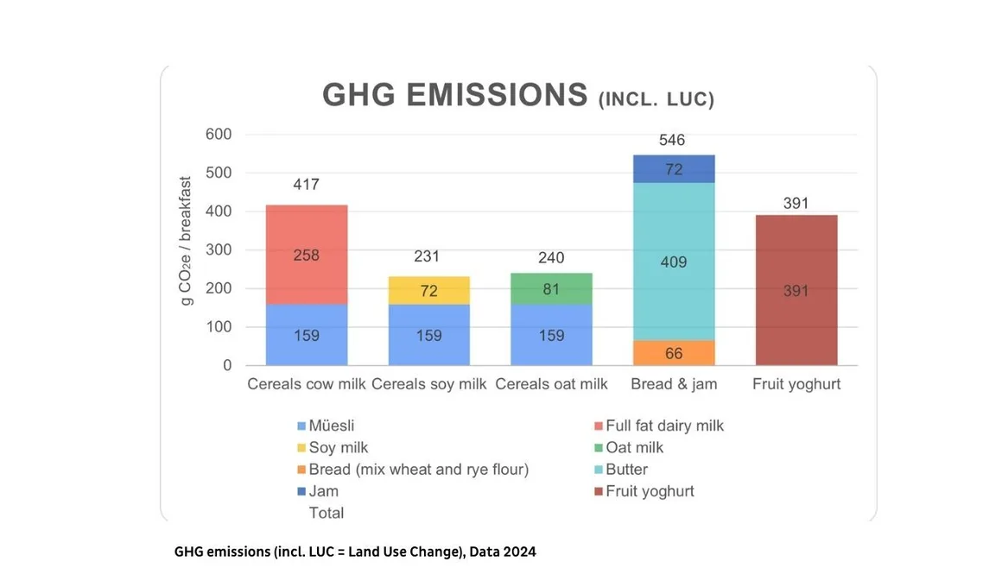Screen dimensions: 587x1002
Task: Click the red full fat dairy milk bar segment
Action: pyautogui.click(x=306, y=255)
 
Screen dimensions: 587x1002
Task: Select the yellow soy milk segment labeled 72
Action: pyautogui.click(x=428, y=290)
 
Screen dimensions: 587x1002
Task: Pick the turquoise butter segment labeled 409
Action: pyautogui.click(x=673, y=261)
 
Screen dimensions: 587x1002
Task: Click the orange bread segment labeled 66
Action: pyautogui.click(x=673, y=352)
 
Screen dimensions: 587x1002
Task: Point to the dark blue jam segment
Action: pyautogui.click(x=673, y=169)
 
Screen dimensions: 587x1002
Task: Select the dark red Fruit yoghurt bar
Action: pyautogui.click(x=796, y=290)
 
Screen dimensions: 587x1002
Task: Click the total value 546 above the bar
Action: pyautogui.click(x=672, y=140)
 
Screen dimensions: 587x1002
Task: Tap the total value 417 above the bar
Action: pyautogui.click(x=306, y=185)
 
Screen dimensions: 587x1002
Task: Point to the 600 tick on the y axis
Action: pyautogui.click(x=219, y=135)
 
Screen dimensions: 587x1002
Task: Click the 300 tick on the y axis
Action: pyautogui.click(x=219, y=250)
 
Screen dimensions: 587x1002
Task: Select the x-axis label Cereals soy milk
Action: pyautogui.click(x=429, y=384)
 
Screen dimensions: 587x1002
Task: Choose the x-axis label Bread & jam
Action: pyautogui.click(x=674, y=384)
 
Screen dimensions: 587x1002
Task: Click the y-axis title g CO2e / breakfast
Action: pyautogui.click(x=187, y=241)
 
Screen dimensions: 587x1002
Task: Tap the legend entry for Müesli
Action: pyautogui.click(x=331, y=426)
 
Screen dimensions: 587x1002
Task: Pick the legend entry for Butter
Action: pyautogui.click(x=626, y=470)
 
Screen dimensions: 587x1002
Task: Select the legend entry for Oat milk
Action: pyautogui.click(x=634, y=448)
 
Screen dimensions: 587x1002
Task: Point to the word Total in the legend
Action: pyautogui.click(x=327, y=513)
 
